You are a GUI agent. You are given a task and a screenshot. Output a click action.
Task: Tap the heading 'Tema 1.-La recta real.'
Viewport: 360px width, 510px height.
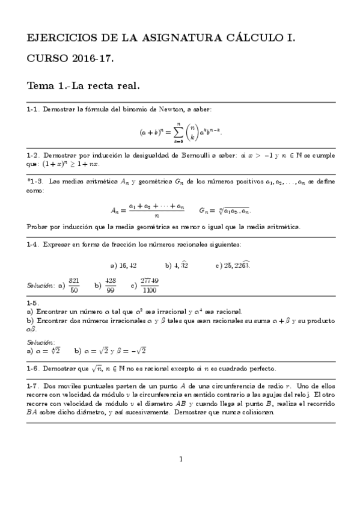84,85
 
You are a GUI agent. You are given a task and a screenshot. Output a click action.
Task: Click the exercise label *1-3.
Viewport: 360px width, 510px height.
35,181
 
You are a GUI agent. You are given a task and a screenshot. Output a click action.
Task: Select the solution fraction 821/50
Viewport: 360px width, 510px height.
74,285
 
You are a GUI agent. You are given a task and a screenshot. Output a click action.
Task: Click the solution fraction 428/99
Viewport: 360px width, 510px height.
111,285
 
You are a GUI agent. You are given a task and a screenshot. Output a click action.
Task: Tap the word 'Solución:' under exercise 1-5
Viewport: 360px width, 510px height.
41,342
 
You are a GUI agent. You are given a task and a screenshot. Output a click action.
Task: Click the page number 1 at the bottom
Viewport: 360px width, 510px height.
180,459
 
